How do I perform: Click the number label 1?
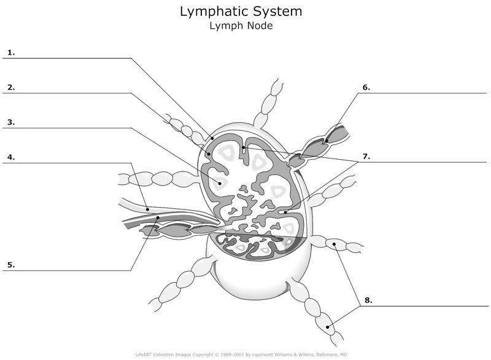[11, 52]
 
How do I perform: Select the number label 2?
[11, 87]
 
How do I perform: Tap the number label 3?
[11, 122]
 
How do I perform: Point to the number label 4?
[11, 157]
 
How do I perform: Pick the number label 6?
[366, 87]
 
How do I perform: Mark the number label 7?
[366, 157]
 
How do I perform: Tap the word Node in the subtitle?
[258, 26]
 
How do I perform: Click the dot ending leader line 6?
[327, 142]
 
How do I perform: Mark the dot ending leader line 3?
[218, 182]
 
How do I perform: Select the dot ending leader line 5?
[158, 217]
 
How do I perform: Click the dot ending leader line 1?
[212, 138]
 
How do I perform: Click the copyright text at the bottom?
[245, 354]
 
